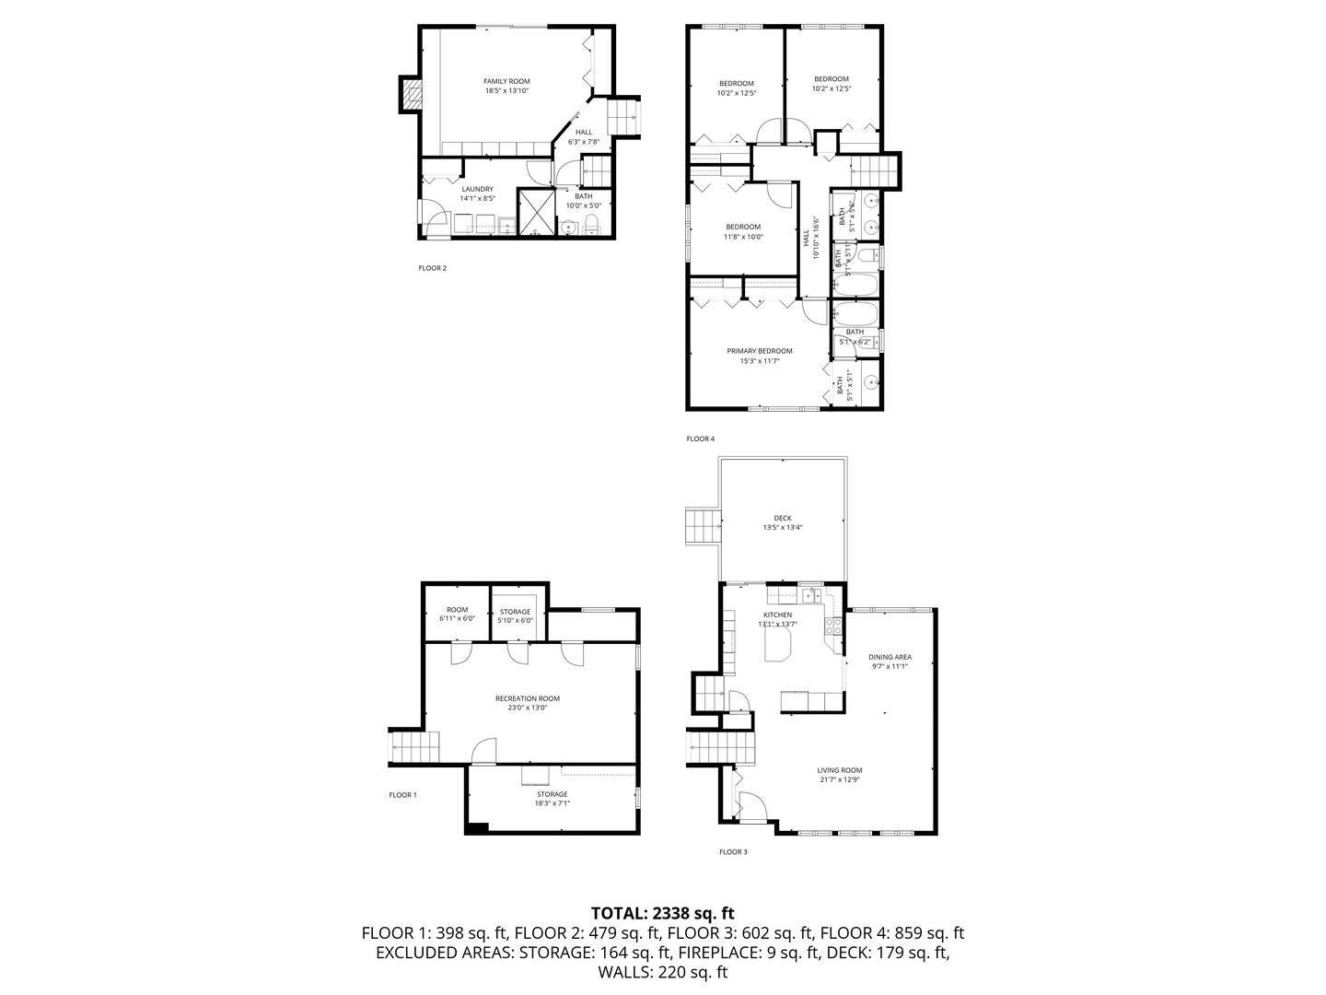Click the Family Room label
pos(506,81)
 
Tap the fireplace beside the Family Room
pos(411,94)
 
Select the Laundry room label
pos(477,189)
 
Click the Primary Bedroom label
pos(759,351)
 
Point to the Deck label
pos(783,518)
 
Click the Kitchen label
pos(777,615)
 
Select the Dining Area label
pos(890,657)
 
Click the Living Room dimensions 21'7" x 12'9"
pos(839,779)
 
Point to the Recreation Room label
pos(527,698)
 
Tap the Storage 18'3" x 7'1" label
pos(552,794)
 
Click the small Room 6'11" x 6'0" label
pos(457,610)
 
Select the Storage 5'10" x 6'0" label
pos(515,612)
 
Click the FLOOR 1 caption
pos(402,794)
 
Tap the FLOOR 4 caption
pos(700,439)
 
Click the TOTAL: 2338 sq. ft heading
pos(662,913)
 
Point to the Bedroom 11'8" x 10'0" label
pos(742,227)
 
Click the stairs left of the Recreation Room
pos(416,745)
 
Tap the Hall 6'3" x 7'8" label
pos(583,132)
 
